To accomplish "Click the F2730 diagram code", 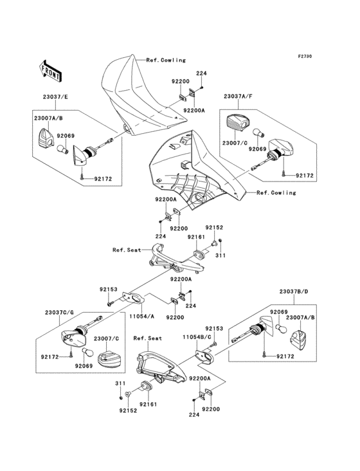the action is click(x=305, y=56).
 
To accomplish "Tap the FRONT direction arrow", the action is click(x=50, y=71).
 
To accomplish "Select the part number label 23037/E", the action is click(x=55, y=97).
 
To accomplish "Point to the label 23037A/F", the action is click(x=239, y=97).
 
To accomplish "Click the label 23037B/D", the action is click(x=293, y=291).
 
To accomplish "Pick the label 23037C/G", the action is click(x=59, y=313).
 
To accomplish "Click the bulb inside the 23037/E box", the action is click(x=63, y=149).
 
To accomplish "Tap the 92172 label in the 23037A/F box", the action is click(x=305, y=176).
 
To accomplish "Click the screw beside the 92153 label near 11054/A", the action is click(x=111, y=304).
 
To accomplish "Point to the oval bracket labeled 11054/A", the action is click(x=134, y=299).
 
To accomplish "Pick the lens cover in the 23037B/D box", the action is click(x=298, y=340).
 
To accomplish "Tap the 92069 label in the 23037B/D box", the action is click(x=279, y=312).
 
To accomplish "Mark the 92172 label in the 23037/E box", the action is click(x=104, y=179).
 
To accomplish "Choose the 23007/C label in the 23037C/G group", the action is click(x=107, y=338).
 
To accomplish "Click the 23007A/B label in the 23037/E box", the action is click(x=48, y=118).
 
